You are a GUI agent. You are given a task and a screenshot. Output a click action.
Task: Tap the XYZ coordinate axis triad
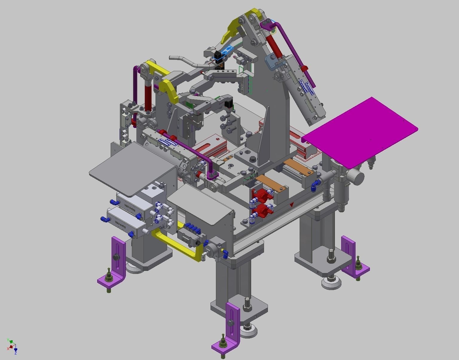click(x=12, y=346)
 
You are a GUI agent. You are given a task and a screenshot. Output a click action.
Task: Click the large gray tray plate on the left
click(x=132, y=167)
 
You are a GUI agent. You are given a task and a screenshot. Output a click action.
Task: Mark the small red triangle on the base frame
click(x=292, y=205)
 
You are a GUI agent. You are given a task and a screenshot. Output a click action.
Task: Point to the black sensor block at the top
click(x=218, y=56)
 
